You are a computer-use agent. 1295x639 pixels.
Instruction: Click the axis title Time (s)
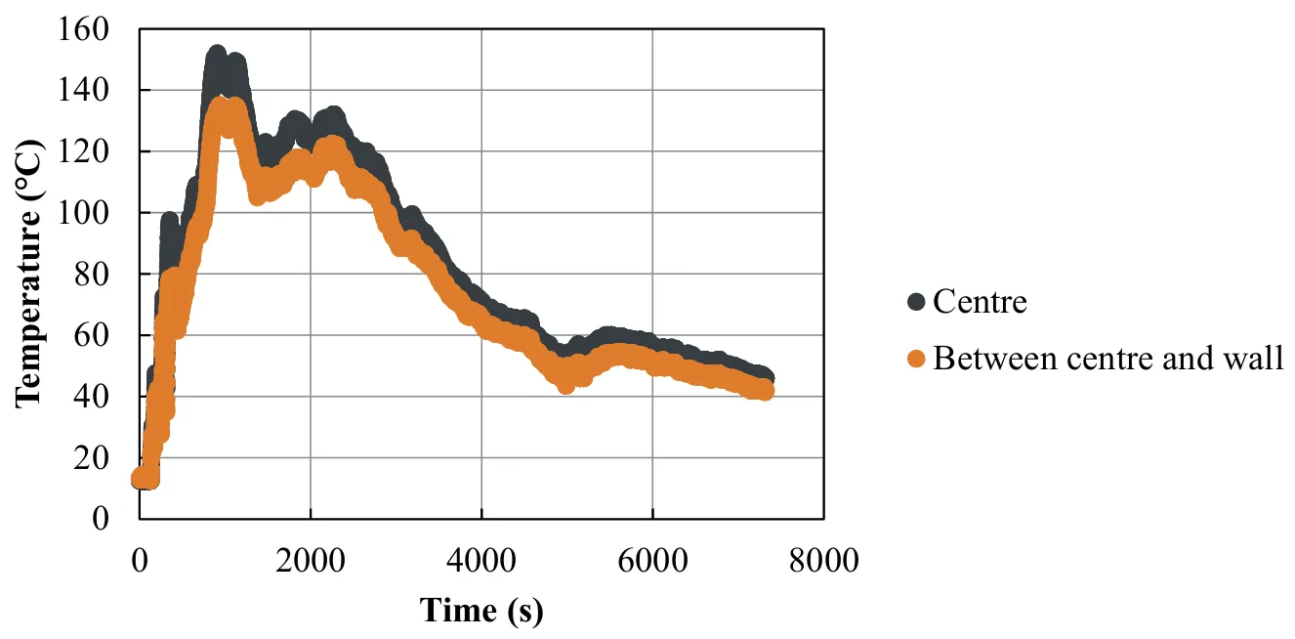480,611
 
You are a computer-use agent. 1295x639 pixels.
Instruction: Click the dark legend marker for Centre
916,302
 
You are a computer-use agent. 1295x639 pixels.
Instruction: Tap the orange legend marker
916,360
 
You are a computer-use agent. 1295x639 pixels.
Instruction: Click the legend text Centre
980,302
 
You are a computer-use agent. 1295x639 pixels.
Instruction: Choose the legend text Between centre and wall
1107,360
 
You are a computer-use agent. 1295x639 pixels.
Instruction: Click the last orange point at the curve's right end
766,391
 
